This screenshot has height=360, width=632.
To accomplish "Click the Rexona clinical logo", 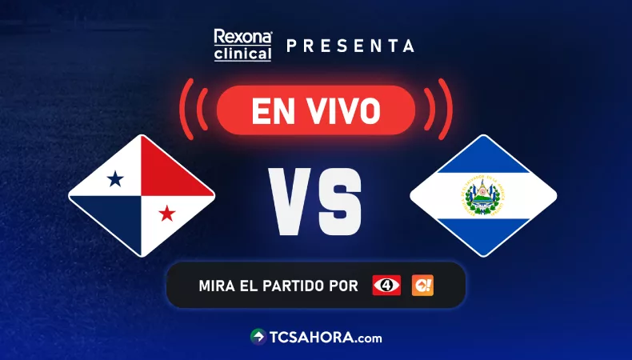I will [x=242, y=45].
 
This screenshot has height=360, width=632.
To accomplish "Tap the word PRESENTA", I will [x=350, y=46].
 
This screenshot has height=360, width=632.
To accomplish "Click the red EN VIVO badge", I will [x=316, y=110].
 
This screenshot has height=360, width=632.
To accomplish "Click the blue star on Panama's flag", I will [x=115, y=179].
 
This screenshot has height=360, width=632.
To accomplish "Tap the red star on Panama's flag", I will [x=167, y=213].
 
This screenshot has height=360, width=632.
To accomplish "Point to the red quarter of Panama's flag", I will [x=172, y=172].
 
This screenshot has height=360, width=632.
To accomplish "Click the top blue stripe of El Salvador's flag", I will [x=483, y=158].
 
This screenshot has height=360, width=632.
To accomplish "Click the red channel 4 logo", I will [x=386, y=285].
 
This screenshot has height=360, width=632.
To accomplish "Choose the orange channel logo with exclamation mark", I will [x=422, y=285].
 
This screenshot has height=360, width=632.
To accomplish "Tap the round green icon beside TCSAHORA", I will [x=258, y=337].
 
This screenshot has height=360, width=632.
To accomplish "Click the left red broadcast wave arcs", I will [x=192, y=109].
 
